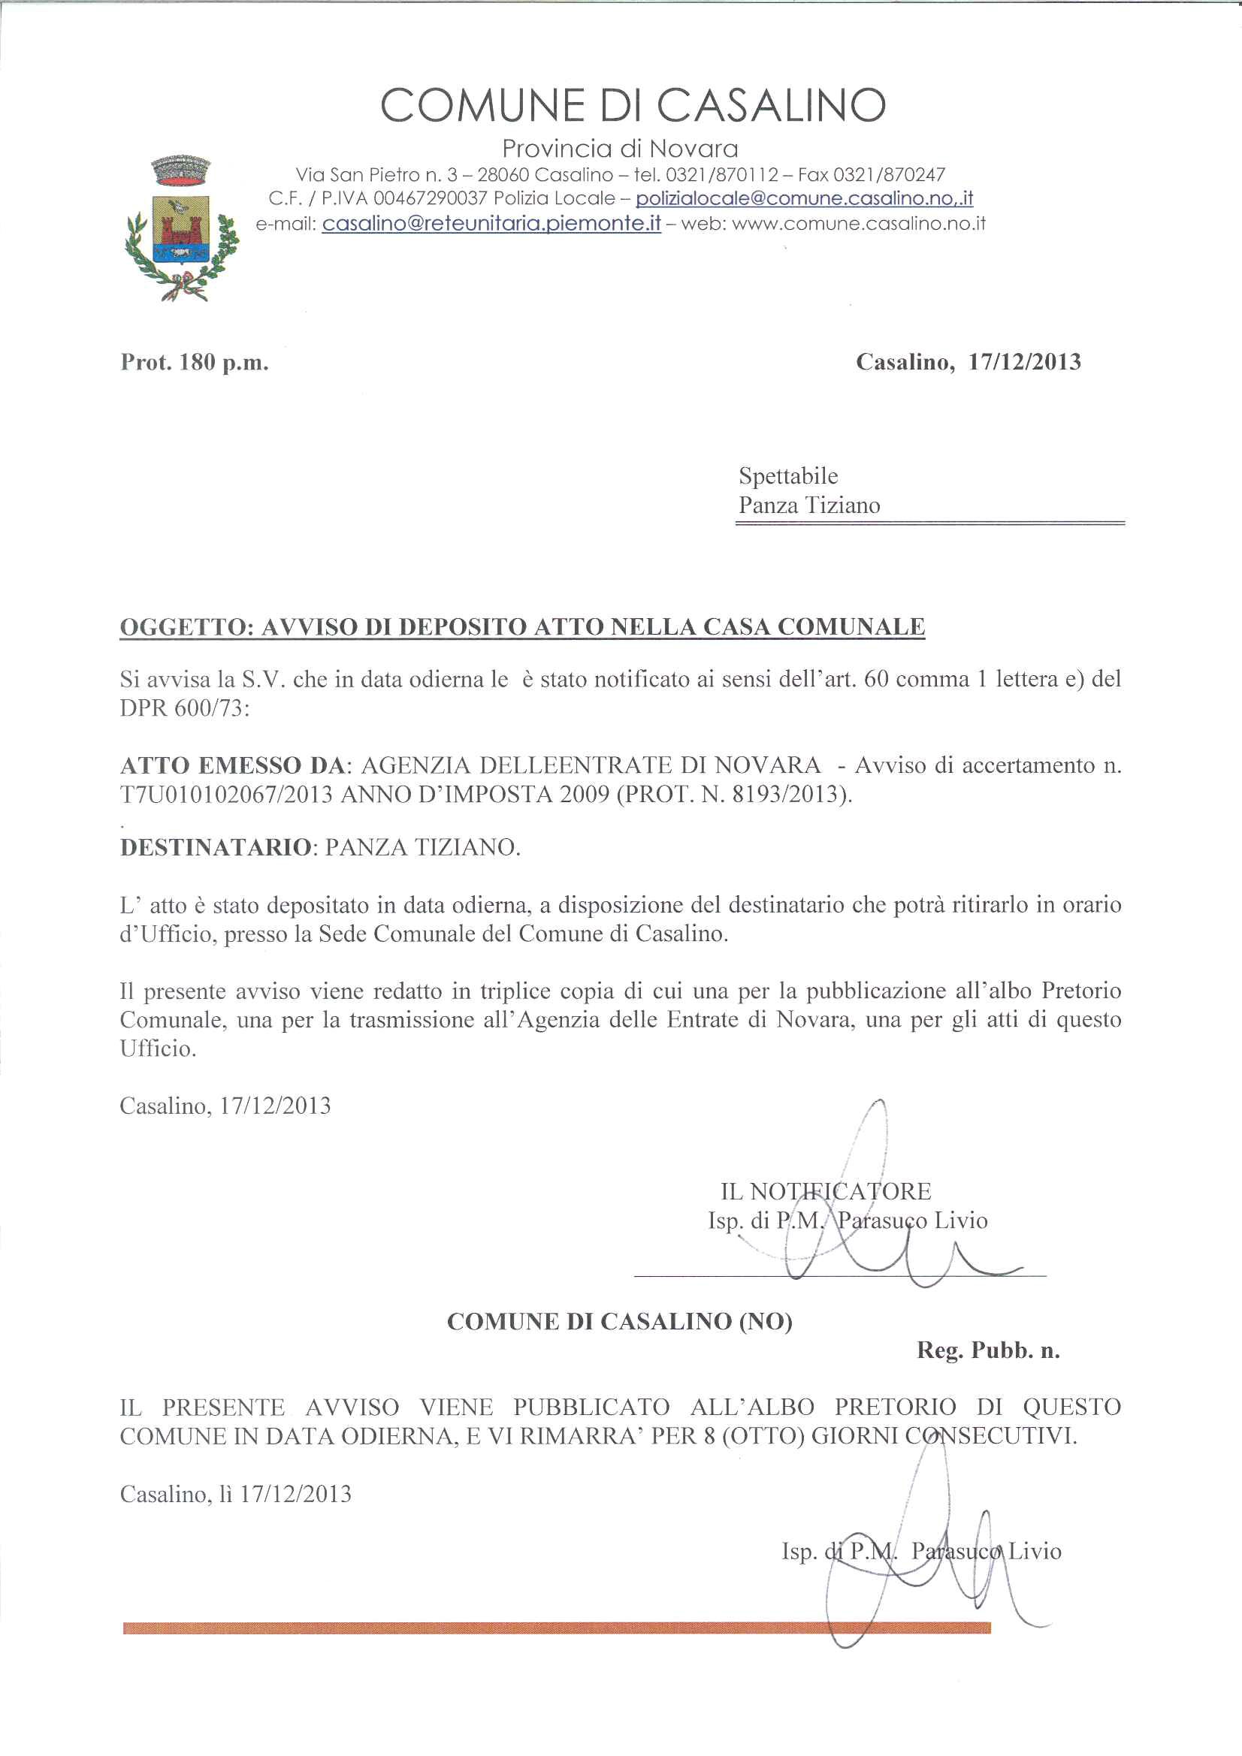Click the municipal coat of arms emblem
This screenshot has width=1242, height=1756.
[181, 227]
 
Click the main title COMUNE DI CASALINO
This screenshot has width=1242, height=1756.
[633, 106]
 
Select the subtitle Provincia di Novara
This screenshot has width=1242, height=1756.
[620, 149]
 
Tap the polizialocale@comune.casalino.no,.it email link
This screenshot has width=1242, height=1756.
[804, 199]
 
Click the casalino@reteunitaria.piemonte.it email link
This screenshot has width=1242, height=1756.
[491, 224]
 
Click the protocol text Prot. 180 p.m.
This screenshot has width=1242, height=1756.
[195, 362]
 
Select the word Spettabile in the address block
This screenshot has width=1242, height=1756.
[788, 475]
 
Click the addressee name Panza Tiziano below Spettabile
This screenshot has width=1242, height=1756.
[809, 505]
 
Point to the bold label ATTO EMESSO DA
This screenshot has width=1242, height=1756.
[234, 765]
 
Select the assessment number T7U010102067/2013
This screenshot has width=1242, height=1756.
[226, 795]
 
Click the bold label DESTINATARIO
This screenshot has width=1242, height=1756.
[215, 847]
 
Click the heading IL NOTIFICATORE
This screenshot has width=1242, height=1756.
[826, 1190]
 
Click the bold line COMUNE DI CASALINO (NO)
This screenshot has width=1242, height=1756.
[619, 1322]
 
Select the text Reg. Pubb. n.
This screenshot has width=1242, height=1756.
[988, 1350]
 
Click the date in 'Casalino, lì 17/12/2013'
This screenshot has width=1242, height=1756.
[295, 1495]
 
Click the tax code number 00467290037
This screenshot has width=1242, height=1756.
[430, 199]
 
